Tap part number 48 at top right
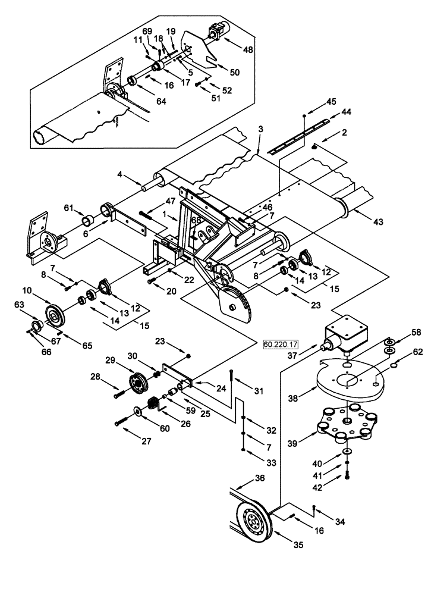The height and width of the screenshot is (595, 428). click(x=247, y=50)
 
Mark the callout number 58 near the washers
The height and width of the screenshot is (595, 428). click(x=417, y=332)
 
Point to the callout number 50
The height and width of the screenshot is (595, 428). click(x=235, y=72)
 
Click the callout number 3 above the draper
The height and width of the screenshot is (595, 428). click(x=260, y=129)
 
